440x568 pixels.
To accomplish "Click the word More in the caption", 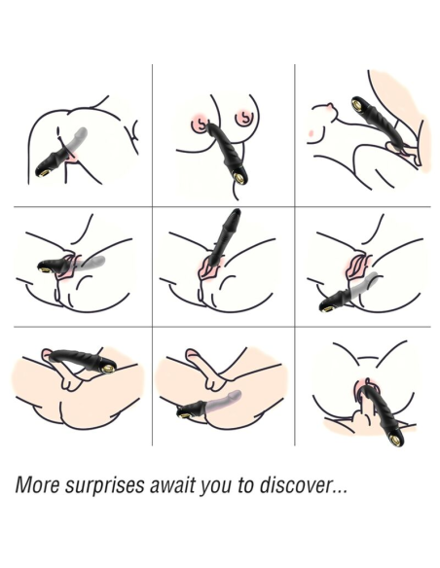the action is tap(37, 484).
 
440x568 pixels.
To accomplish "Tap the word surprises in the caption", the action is tap(104, 485).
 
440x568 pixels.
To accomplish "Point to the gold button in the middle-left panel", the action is tap(45, 268).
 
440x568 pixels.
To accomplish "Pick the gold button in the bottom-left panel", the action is tap(108, 368).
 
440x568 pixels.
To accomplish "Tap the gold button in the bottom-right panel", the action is tap(392, 440).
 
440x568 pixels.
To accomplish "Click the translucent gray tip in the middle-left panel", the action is tap(90, 262).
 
